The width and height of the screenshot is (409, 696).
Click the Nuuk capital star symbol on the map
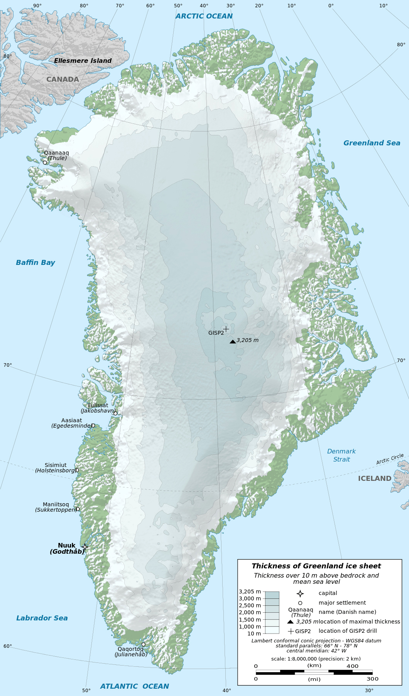point(85,547)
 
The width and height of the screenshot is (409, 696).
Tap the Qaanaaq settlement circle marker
point(45,163)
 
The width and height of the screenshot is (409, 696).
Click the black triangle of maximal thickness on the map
point(233,342)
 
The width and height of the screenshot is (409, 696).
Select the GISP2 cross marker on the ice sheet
point(226,329)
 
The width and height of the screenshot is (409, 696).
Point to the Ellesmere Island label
point(83,61)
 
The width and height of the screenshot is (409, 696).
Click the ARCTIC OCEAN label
point(204,16)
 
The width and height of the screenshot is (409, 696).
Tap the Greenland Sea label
point(372,143)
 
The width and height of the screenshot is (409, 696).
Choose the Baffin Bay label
point(35,263)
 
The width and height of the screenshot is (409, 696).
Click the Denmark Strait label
point(341,455)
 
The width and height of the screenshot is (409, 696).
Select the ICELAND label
point(374,479)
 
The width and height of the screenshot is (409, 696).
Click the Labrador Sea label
point(42,618)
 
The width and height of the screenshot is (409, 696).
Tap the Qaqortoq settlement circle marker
point(144,644)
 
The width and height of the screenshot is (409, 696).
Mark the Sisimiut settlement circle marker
point(77,470)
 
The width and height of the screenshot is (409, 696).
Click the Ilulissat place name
point(98,405)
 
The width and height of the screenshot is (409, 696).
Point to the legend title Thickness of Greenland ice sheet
point(316,566)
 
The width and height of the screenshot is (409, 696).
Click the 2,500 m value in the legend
point(250,605)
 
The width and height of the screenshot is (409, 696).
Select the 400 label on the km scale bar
point(352,666)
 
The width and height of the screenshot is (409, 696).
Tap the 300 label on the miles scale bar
point(372,679)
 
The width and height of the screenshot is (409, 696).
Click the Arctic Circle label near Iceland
point(390,459)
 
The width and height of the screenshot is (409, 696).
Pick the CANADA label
point(63,79)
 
